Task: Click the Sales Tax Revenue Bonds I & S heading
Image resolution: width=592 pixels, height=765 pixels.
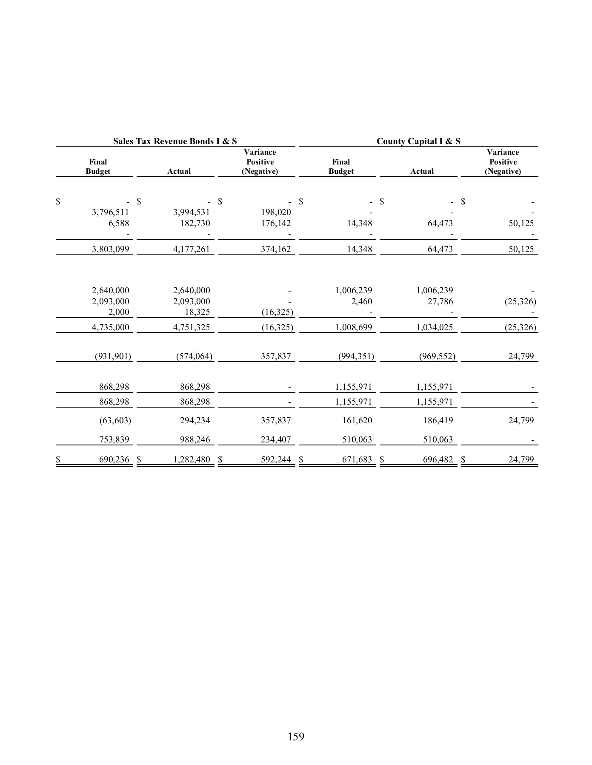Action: point(175,141)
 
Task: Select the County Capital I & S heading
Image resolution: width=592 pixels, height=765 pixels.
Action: point(418,141)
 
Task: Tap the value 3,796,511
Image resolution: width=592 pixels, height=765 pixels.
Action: point(111,212)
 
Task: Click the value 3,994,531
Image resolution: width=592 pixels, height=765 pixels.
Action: point(192,212)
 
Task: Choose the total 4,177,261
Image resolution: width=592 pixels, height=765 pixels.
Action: point(192,249)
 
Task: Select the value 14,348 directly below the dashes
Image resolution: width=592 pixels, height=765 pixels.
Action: point(360,223)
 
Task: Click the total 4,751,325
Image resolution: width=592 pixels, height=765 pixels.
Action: point(192,327)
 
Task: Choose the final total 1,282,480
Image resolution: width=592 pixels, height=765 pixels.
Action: point(192,459)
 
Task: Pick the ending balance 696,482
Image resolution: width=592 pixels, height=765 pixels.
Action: point(438,459)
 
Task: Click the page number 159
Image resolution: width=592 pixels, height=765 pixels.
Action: point(296,736)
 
